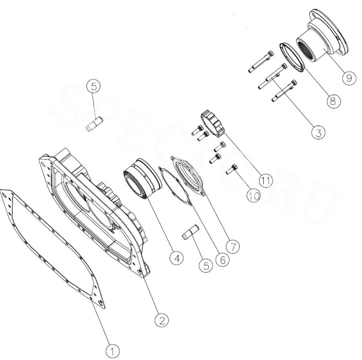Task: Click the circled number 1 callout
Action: coord(113,352)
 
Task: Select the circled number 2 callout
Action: coord(162,320)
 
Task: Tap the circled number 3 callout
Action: coord(318,133)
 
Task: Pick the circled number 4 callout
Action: coord(177,258)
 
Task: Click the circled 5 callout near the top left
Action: coord(93,86)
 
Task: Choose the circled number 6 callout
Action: coord(222,260)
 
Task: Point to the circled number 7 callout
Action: coord(233,247)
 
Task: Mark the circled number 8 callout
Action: coord(333,100)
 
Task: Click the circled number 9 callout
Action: coord(349,78)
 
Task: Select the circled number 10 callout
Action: coord(253,196)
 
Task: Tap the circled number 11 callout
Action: coord(265,180)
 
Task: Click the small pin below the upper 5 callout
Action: coord(94,124)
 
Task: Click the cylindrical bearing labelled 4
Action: coord(142,178)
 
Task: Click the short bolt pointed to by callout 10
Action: coord(232,169)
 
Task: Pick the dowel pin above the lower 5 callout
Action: coord(191,233)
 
